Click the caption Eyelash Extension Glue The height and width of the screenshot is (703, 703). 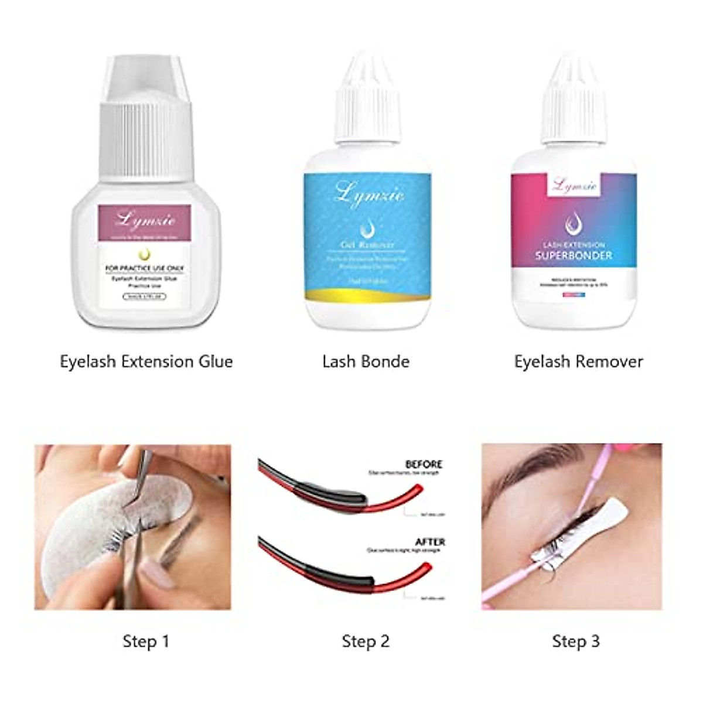[146, 361]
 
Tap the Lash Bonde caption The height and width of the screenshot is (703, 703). [366, 361]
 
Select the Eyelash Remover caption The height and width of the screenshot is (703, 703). [578, 361]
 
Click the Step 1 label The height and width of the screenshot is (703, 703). [146, 641]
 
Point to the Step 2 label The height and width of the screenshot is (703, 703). [366, 641]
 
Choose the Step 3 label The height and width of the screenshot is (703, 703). [576, 641]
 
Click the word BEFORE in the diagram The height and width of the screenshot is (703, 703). [424, 464]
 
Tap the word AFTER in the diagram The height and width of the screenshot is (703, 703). [430, 542]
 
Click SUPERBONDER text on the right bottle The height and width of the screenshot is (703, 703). [573, 255]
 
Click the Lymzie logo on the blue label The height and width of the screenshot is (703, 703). [369, 194]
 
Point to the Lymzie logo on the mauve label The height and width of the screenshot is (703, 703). [146, 220]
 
